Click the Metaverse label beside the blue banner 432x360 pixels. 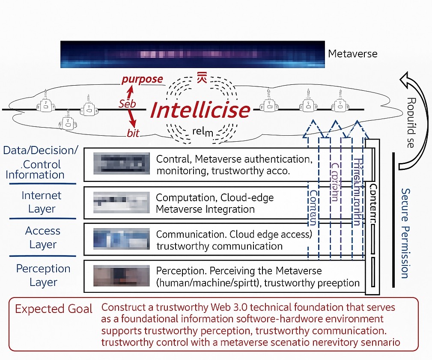point(352,54)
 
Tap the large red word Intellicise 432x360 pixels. point(200,110)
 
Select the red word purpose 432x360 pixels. point(142,79)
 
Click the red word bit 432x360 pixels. point(133,133)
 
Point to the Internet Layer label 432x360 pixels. point(42,202)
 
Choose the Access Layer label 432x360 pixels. point(43,238)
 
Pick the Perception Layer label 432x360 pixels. point(43,275)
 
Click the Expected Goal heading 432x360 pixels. point(54,309)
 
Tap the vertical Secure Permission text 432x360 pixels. point(405,233)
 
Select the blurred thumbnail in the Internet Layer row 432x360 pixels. point(121,203)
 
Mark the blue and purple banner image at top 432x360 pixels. point(192,54)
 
